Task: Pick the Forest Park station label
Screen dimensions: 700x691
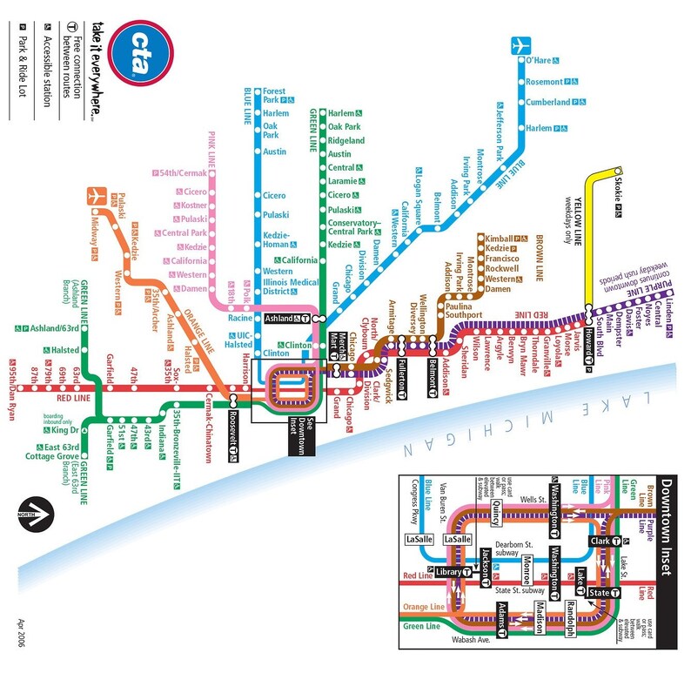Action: coord(277,96)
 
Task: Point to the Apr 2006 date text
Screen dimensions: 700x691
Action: coord(22,636)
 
